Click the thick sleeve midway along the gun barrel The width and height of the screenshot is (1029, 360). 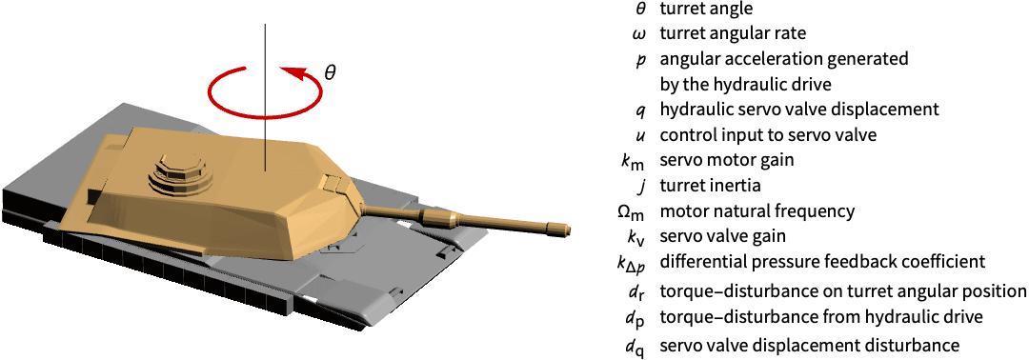(x=434, y=217)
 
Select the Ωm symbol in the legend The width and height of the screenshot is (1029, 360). (x=634, y=213)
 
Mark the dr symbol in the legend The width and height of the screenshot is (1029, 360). (x=638, y=290)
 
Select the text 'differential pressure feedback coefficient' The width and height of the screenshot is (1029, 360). (x=823, y=262)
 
